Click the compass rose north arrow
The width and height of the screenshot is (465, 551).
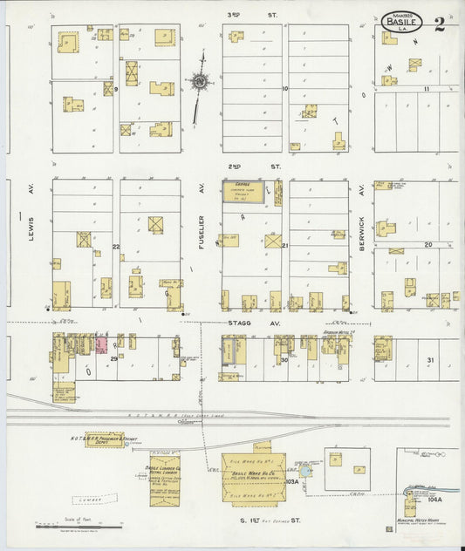point(200,83)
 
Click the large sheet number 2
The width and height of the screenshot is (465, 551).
point(439,23)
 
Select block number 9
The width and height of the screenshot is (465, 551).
point(115,89)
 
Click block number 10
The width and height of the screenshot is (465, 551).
point(284,89)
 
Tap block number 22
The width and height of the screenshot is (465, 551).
point(115,247)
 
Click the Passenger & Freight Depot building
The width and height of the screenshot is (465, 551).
point(103,440)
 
